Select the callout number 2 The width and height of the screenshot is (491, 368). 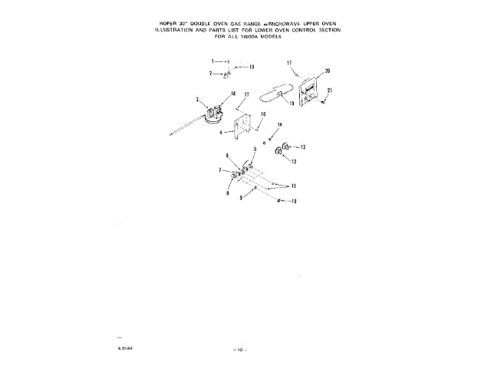[x=212, y=74]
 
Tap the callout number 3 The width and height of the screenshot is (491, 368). [x=197, y=100]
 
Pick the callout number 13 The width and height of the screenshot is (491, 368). [x=303, y=146]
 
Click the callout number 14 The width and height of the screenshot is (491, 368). [x=280, y=124]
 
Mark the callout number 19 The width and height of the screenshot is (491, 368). [x=251, y=67]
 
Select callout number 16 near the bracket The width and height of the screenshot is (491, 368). [x=262, y=113]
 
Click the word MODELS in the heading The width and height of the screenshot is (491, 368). [x=279, y=36]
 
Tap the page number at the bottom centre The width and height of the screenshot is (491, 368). [x=239, y=350]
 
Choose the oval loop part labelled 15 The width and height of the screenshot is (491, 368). [x=273, y=97]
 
